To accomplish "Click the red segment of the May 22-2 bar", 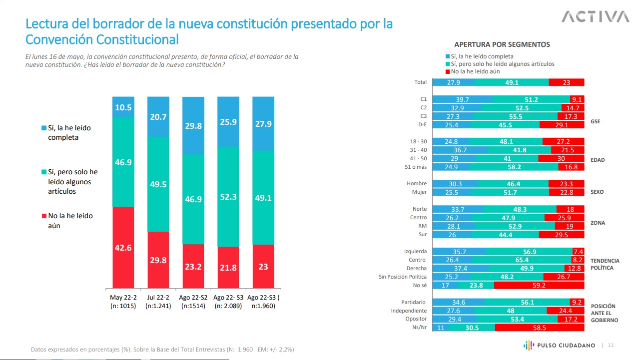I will coord(123,247).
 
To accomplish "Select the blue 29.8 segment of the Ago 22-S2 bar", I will coord(193,126).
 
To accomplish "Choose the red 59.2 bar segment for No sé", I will coord(539,286).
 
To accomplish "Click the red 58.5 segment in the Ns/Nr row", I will coord(540,328).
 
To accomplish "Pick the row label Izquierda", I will coord(415,251).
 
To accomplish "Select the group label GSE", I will coord(596,121).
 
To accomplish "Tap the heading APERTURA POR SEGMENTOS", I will coord(502,44).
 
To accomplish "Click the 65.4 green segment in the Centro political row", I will coord(522,260).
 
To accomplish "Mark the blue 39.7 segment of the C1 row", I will coord(462,99).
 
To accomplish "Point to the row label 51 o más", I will coord(416,167).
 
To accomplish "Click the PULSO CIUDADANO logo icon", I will coord(529,345).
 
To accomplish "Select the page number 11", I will coord(611,345).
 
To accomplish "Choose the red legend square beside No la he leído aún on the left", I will coord(43,216).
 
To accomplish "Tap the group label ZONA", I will coord(598,223).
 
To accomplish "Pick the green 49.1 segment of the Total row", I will coord(511,82).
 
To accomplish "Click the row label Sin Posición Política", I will coord(403,277).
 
